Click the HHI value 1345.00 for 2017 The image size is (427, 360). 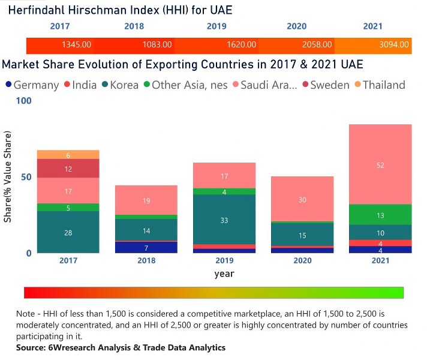pos(76,44)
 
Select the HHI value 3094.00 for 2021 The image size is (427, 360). pos(395,44)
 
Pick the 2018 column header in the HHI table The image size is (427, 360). pos(134,26)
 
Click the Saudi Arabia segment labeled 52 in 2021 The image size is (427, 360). pos(380,164)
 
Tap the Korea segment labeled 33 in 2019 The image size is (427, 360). pos(224,220)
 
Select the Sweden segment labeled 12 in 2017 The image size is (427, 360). pos(68,169)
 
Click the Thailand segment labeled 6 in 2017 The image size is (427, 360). pos(68,155)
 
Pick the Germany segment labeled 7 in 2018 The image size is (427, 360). pos(146,247)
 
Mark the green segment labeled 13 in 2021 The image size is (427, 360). pos(380,215)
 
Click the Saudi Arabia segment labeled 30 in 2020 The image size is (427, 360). pos(302,199)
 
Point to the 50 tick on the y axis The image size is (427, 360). pos(25,177)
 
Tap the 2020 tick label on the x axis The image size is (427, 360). pos(302,260)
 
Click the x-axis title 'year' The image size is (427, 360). pos(224,274)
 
